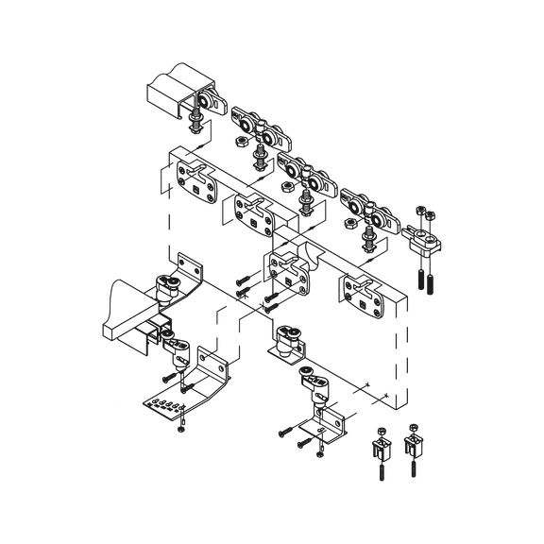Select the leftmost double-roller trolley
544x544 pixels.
(x=254, y=125)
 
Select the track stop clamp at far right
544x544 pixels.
(x=427, y=236)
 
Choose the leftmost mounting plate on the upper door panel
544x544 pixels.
(x=195, y=177)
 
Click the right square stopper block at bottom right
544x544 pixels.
(x=414, y=441)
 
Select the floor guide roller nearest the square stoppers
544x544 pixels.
(x=313, y=383)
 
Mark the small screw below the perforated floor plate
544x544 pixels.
(x=181, y=431)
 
